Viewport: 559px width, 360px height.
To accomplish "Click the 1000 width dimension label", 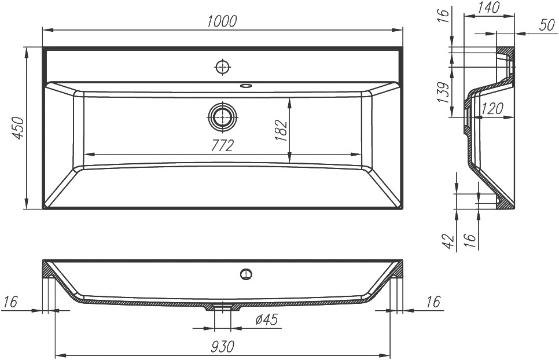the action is pyautogui.click(x=222, y=22).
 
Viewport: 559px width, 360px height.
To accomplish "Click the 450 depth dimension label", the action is pyautogui.click(x=19, y=128).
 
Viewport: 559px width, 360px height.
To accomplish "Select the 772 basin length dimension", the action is pyautogui.click(x=222, y=146).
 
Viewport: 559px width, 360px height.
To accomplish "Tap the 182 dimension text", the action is pyautogui.click(x=282, y=131).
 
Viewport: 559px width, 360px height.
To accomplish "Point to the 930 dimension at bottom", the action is pyautogui.click(x=222, y=346).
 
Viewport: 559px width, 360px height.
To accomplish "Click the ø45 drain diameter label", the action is pyautogui.click(x=267, y=319).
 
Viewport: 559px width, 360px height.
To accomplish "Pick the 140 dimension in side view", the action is pyautogui.click(x=489, y=8).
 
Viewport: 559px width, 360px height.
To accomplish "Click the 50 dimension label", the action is pyautogui.click(x=546, y=25).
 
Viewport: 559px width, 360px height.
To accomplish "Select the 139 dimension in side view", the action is pyautogui.click(x=443, y=93).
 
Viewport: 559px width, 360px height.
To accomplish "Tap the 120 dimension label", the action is pyautogui.click(x=492, y=108).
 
